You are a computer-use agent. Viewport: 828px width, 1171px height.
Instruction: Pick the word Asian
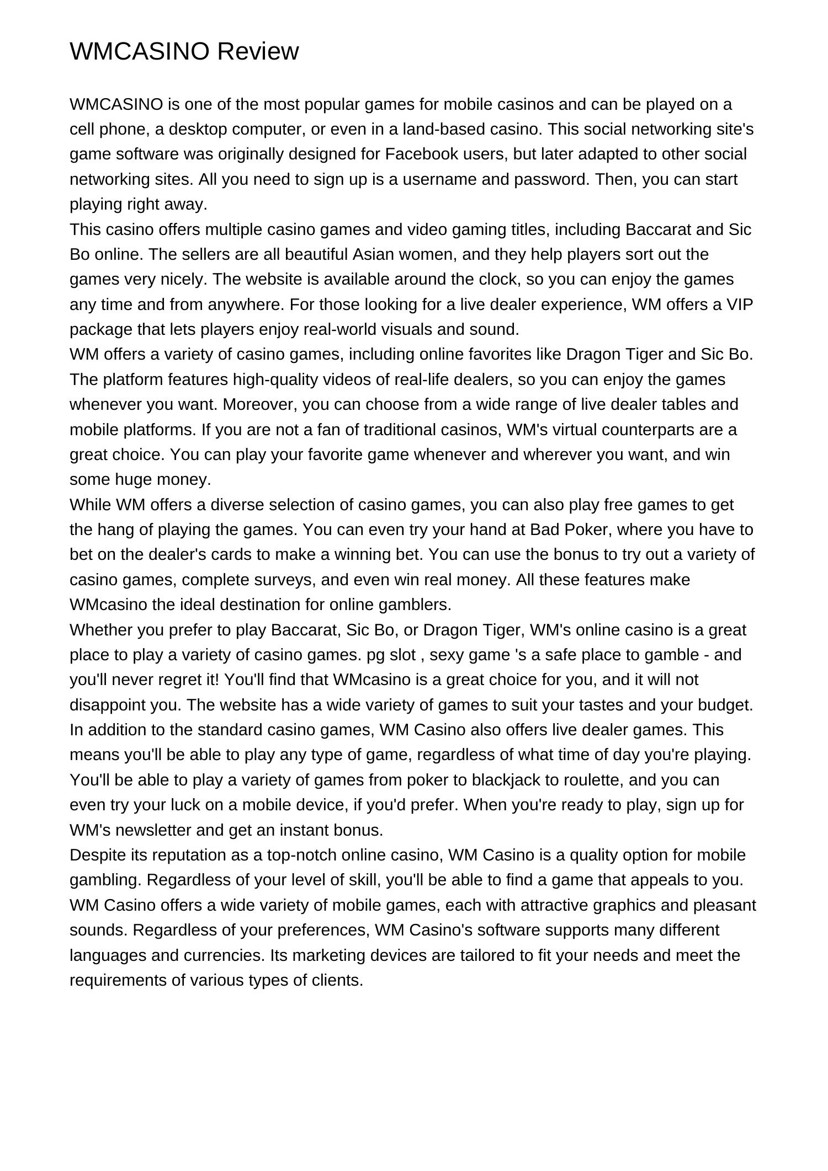point(375,254)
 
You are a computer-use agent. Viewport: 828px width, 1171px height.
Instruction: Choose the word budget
point(725,705)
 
